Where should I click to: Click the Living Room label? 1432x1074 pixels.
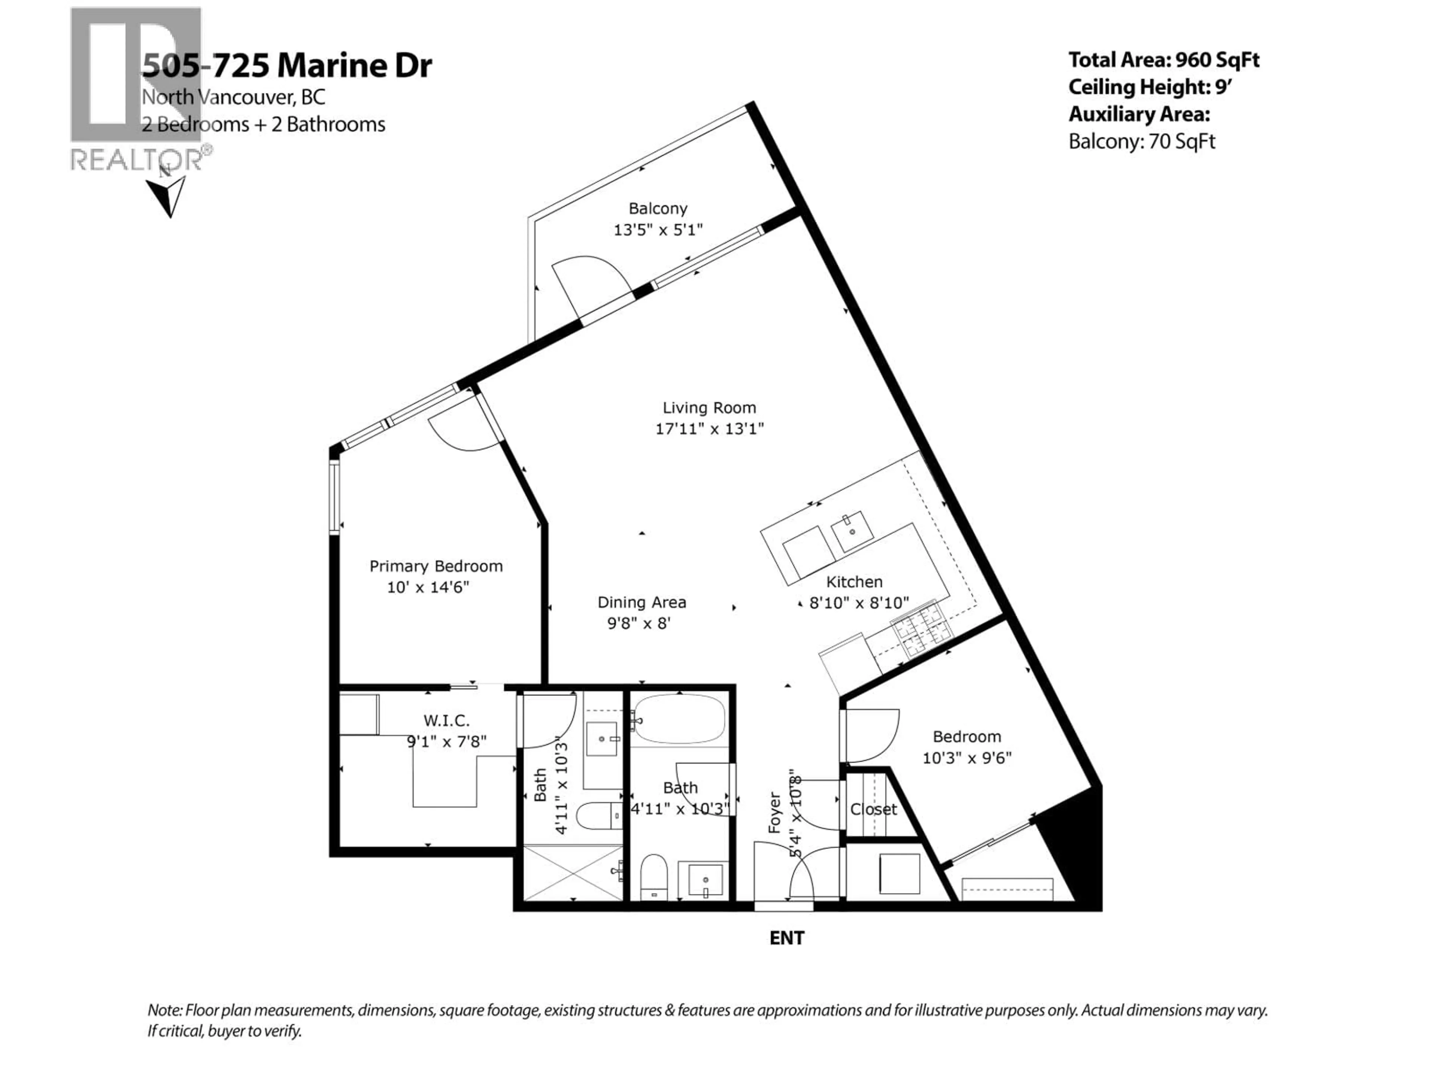709,408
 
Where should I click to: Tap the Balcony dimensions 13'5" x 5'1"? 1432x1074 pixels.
658,230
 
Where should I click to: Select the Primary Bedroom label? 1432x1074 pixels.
436,566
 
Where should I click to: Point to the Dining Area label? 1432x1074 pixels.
641,603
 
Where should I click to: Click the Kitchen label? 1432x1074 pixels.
854,582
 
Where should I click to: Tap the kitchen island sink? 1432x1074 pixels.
852,531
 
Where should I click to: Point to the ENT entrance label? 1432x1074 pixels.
786,938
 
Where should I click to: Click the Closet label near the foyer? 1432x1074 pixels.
873,809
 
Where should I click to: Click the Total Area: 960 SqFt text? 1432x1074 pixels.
1163,60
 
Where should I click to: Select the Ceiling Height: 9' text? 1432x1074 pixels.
1149,87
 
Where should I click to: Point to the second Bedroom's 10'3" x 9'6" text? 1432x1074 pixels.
967,758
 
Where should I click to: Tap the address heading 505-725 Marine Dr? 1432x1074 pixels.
287,65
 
